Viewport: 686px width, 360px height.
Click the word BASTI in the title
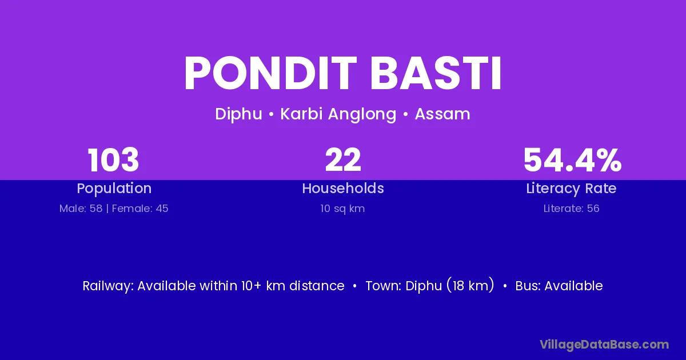[x=436, y=73]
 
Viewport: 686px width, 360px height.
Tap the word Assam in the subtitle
[x=442, y=114]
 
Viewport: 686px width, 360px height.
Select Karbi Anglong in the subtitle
[x=338, y=114]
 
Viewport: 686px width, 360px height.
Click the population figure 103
[x=113, y=160]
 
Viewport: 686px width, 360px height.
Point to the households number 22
[x=343, y=160]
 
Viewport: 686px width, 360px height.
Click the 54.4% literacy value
[x=572, y=160]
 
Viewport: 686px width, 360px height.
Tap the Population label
[x=114, y=189]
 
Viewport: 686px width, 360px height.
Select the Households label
[x=343, y=188]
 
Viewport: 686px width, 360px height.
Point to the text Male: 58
[x=81, y=209]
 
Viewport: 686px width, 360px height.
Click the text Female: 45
[x=140, y=209]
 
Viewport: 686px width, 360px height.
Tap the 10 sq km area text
[x=342, y=209]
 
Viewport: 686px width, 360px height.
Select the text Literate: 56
[x=571, y=209]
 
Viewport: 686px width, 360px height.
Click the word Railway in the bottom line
[x=107, y=286]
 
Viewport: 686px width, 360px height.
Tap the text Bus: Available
[x=559, y=286]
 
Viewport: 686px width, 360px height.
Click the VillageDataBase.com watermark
[x=604, y=345]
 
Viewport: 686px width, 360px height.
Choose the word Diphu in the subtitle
[x=238, y=114]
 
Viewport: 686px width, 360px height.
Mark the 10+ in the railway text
[x=251, y=286]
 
